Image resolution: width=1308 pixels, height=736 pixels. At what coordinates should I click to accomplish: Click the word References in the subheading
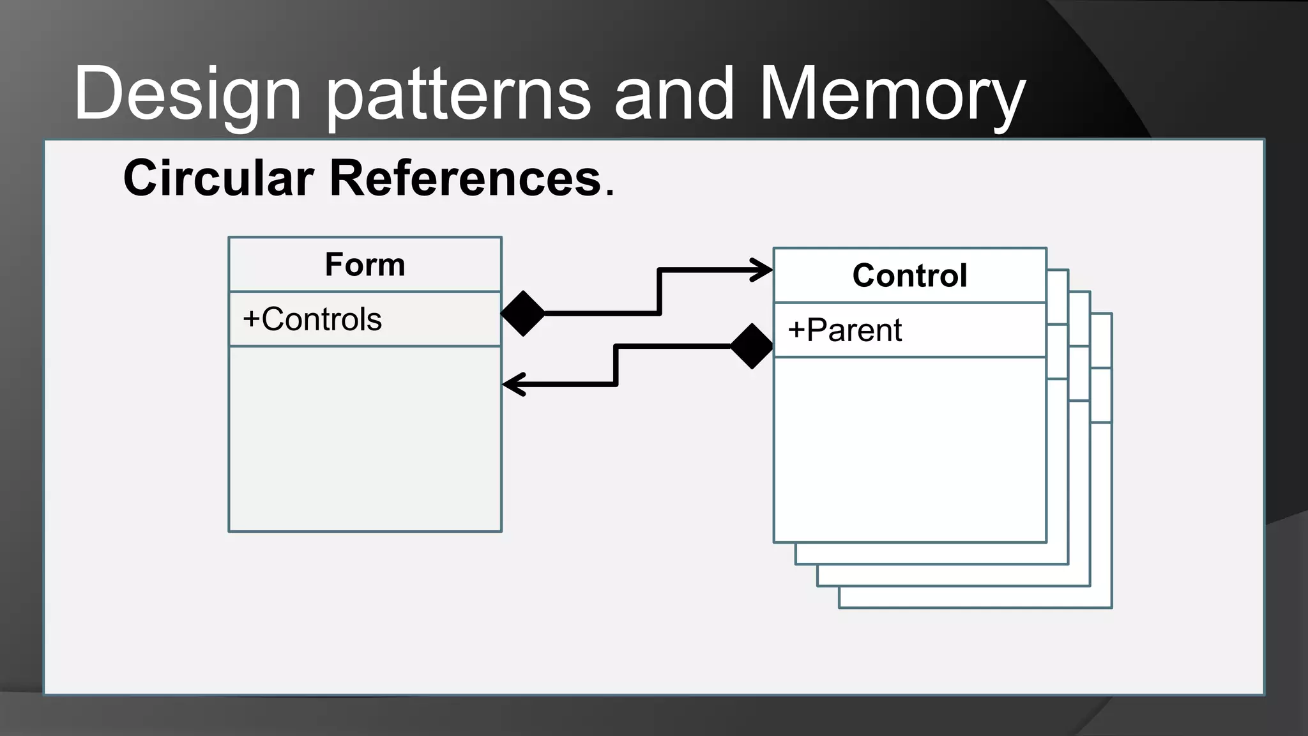[465, 178]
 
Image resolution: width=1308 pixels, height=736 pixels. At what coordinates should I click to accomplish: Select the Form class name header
[365, 264]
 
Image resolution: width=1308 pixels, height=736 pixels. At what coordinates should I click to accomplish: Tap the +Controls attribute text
[313, 319]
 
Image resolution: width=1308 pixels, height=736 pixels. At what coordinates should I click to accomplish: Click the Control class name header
[909, 275]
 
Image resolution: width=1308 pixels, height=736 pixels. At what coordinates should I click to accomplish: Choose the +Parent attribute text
[845, 330]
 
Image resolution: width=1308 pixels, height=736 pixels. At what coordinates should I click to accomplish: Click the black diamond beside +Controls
[523, 314]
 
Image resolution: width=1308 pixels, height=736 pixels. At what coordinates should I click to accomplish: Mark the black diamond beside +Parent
[752, 346]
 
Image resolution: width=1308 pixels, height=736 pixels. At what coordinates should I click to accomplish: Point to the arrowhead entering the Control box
[763, 270]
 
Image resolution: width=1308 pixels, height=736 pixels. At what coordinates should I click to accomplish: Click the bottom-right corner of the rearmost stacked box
[1111, 607]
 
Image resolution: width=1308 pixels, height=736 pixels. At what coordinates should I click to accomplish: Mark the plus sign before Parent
[796, 331]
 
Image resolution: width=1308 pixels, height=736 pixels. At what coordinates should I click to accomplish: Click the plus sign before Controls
[251, 319]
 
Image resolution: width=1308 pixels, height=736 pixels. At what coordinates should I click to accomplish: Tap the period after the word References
[610, 194]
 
